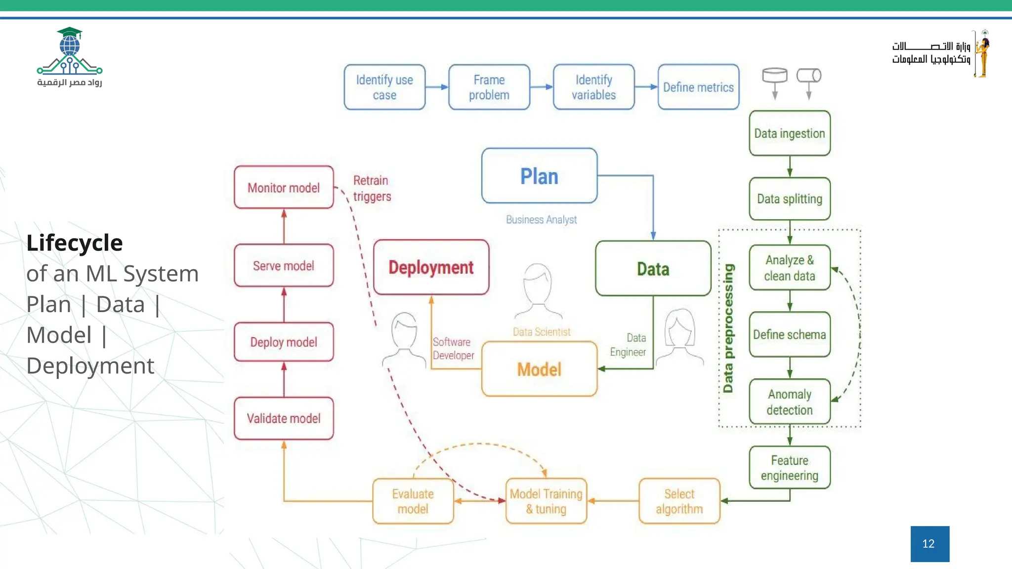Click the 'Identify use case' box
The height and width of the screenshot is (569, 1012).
[384, 87]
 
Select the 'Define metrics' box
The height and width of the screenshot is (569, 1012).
[698, 87]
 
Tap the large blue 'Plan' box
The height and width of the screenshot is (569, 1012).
[539, 176]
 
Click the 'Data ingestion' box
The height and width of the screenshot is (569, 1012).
[789, 133]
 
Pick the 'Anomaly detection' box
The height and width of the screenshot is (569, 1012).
[789, 402]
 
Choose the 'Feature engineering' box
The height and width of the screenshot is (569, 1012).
[789, 467]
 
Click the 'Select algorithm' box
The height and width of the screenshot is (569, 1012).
[679, 501]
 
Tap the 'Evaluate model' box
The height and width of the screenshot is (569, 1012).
[413, 501]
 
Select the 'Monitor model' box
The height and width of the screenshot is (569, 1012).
[284, 188]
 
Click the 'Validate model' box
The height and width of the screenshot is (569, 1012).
[284, 418]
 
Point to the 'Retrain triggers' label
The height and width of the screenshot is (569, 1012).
[372, 188]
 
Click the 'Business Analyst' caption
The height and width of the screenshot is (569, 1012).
[541, 219]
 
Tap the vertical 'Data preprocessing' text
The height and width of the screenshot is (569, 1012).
[728, 328]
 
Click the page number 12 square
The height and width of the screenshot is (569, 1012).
[929, 544]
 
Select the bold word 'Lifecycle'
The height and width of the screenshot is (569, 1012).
[75, 243]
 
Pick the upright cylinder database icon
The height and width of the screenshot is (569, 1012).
[774, 77]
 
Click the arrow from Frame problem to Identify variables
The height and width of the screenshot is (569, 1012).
[541, 87]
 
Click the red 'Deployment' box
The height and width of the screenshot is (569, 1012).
[431, 267]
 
